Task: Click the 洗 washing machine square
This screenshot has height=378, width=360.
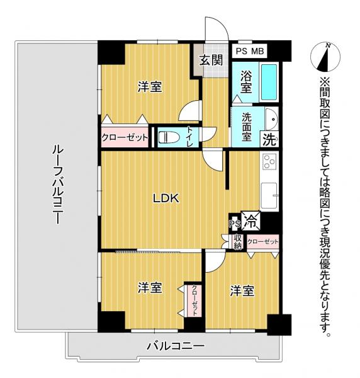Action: (x=269, y=138)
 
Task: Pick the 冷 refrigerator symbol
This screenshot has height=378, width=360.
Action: (x=251, y=221)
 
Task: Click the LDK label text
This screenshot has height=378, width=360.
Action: (x=167, y=198)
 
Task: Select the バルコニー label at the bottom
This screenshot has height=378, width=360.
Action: (x=176, y=346)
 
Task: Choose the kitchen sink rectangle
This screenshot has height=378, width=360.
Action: (x=269, y=195)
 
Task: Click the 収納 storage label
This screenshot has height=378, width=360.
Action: (x=238, y=241)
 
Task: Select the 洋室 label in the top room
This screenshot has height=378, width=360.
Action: (x=150, y=88)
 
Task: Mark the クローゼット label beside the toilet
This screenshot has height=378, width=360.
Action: (x=125, y=137)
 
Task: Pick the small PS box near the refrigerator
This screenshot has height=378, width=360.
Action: (x=234, y=223)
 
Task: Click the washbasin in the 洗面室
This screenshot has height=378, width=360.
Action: (x=271, y=118)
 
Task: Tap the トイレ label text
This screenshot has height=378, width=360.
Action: (x=191, y=137)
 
